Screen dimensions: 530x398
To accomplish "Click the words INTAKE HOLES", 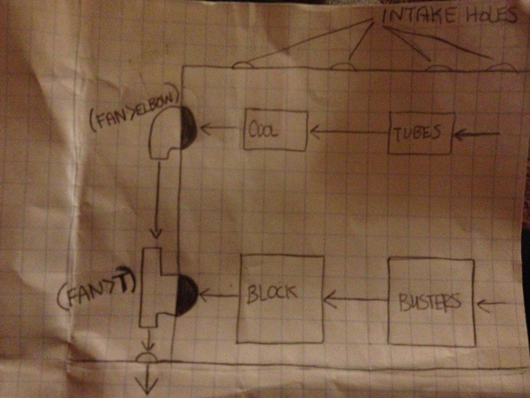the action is [x=449, y=16].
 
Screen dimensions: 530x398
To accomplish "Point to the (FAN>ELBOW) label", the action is [x=134, y=113].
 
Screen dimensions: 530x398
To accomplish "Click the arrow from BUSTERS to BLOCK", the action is [x=356, y=300].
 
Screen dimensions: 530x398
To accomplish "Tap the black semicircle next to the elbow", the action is [x=188, y=128].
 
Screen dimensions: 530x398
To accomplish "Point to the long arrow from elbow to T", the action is [x=157, y=199].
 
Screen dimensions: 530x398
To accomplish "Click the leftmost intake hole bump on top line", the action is [x=242, y=65].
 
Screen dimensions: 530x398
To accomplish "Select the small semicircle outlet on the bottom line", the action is [x=147, y=357].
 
